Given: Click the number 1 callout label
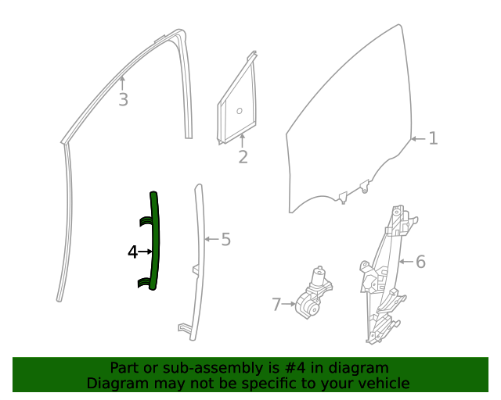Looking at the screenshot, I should (x=433, y=139).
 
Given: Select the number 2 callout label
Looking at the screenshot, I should (x=243, y=157).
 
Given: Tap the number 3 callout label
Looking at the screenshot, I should (x=123, y=100).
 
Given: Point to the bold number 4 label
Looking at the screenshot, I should (x=132, y=252).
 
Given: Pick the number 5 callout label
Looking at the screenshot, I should (x=225, y=240).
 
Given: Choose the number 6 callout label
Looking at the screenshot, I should (x=420, y=262).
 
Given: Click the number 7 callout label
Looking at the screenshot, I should (x=276, y=304).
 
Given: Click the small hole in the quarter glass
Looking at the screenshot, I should (x=240, y=109).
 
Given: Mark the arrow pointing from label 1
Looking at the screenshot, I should (x=418, y=139).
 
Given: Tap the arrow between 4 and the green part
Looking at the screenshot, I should (x=145, y=252).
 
